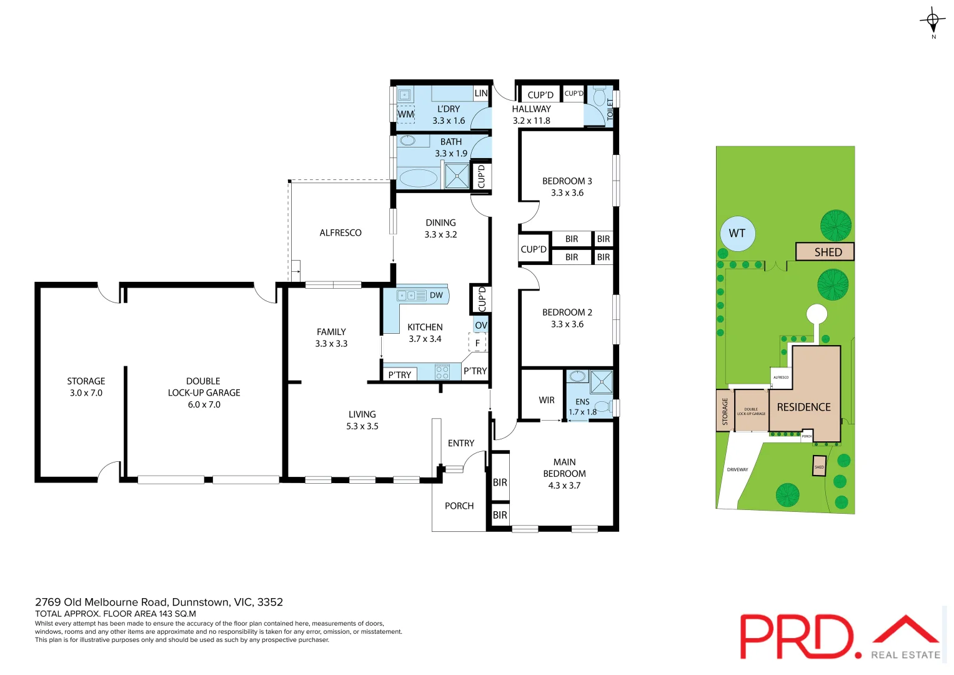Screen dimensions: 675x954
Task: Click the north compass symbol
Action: pos(932,21)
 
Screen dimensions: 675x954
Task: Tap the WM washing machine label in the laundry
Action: pos(405,114)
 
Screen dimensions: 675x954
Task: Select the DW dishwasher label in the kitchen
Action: pos(436,295)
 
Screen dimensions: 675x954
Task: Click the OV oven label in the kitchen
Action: pos(480,325)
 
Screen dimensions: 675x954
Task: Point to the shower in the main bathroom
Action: pos(457,176)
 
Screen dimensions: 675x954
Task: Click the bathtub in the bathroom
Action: pos(418,177)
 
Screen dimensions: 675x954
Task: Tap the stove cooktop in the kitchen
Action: pos(442,372)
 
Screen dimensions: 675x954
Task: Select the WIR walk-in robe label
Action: pos(547,400)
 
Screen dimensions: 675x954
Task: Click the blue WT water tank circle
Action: pos(737,233)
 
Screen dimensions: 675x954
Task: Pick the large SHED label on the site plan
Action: pos(828,252)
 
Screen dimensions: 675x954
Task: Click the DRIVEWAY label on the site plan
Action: pos(737,469)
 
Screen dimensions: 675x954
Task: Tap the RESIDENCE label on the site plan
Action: pos(803,407)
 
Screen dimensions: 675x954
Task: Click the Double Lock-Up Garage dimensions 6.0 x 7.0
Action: pos(204,404)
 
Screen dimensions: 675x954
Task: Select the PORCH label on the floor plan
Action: pos(459,506)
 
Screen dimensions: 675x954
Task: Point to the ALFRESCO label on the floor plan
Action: pos(340,232)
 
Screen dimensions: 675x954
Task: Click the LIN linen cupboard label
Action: pos(480,93)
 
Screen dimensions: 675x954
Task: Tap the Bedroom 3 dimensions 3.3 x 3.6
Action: pos(567,192)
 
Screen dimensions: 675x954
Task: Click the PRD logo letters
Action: pos(797,636)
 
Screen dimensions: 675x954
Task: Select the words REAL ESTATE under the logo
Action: pos(905,654)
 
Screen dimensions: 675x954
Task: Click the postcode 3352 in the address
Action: pos(270,602)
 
